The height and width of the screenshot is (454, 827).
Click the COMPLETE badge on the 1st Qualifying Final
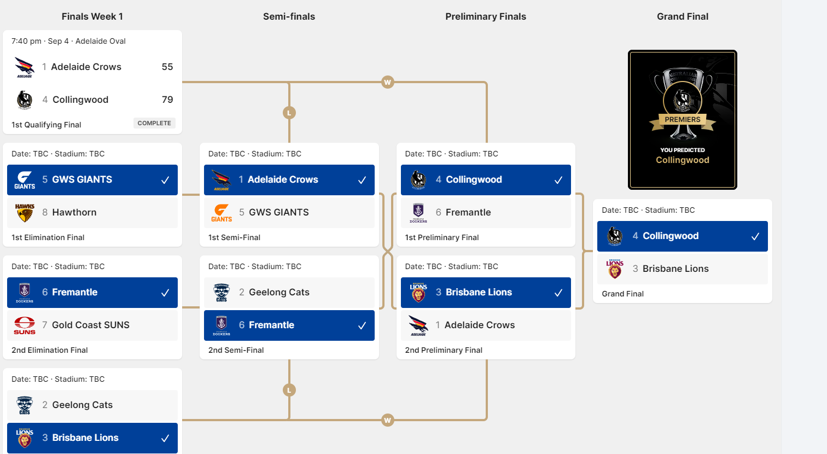[154, 123]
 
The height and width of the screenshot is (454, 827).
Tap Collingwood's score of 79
[167, 100]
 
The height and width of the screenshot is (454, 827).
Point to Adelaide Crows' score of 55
[167, 67]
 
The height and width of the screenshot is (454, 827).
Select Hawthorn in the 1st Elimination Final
[74, 212]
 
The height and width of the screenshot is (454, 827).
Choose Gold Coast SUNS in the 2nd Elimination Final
[91, 325]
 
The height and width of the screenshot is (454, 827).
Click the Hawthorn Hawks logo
[25, 213]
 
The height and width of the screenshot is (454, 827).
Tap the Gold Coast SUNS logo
[25, 325]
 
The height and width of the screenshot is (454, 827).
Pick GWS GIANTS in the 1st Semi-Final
[279, 212]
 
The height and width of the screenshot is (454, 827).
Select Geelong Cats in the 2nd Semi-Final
[279, 292]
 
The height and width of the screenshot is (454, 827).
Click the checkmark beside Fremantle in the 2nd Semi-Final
[362, 325]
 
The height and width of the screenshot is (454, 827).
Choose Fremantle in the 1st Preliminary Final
[468, 212]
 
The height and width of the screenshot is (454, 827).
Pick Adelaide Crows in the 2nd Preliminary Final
[480, 325]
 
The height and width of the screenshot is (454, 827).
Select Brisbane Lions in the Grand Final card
[675, 269]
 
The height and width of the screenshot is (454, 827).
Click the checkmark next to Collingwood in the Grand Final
[755, 236]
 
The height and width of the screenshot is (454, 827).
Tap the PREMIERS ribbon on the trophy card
[683, 120]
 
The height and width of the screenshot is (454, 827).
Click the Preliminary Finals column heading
[486, 16]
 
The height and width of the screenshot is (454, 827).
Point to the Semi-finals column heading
[289, 16]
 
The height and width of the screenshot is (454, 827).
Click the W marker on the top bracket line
[388, 82]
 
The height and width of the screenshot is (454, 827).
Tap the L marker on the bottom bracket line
[289, 390]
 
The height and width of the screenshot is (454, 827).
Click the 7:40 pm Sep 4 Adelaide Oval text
[68, 41]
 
